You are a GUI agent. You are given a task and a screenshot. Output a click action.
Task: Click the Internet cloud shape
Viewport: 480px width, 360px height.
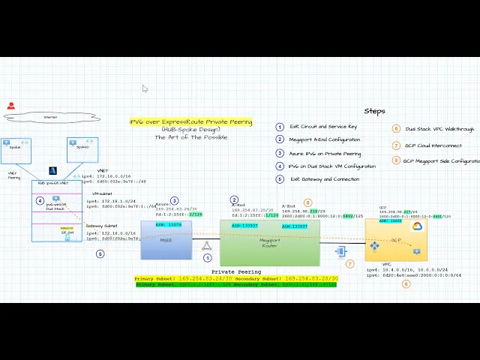coord(51,117)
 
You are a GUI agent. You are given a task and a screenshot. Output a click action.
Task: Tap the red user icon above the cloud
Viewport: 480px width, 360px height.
coord(10,106)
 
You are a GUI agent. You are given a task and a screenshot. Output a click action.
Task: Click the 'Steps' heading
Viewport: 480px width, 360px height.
coord(374,111)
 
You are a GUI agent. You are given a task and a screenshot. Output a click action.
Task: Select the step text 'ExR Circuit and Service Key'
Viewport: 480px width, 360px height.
coord(323,127)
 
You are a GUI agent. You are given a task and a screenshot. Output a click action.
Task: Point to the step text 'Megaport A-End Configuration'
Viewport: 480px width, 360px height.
coord(325,139)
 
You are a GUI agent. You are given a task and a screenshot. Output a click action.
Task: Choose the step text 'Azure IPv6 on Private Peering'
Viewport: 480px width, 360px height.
coord(325,153)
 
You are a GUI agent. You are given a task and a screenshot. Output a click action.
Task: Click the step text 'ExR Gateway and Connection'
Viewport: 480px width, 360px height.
coord(324,179)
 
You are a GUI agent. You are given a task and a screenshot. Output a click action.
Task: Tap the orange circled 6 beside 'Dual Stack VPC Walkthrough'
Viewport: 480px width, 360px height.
coord(396,129)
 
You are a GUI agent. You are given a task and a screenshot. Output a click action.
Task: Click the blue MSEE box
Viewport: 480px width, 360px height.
coord(166,240)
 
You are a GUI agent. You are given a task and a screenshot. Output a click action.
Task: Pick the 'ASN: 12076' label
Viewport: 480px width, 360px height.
coord(169,225)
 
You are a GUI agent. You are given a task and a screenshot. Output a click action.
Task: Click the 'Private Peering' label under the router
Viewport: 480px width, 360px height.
coord(236,271)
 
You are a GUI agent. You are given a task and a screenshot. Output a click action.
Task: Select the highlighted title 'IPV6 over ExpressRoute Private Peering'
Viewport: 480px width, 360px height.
coord(190,121)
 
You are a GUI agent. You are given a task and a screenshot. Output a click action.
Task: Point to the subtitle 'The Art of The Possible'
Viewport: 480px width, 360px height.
coord(190,137)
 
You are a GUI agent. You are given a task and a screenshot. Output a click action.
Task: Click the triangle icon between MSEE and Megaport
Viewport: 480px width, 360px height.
coord(207,245)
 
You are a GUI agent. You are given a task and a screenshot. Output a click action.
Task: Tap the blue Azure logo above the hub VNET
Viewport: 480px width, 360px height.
coord(53,171)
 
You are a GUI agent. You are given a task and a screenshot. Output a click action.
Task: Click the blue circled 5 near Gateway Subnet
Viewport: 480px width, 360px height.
coord(100,253)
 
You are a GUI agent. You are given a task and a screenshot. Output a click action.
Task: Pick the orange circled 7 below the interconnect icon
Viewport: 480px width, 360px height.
coord(349,264)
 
